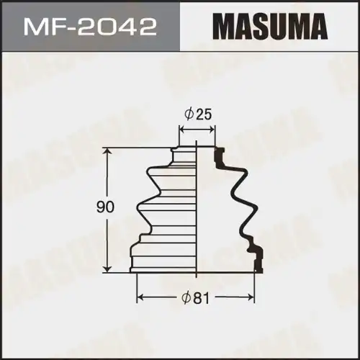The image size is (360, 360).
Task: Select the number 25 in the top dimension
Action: click(x=204, y=113)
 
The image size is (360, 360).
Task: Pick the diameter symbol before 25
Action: click(x=189, y=113)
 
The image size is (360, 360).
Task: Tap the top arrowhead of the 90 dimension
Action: click(x=107, y=151)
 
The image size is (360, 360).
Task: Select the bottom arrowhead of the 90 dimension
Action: click(x=107, y=268)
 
